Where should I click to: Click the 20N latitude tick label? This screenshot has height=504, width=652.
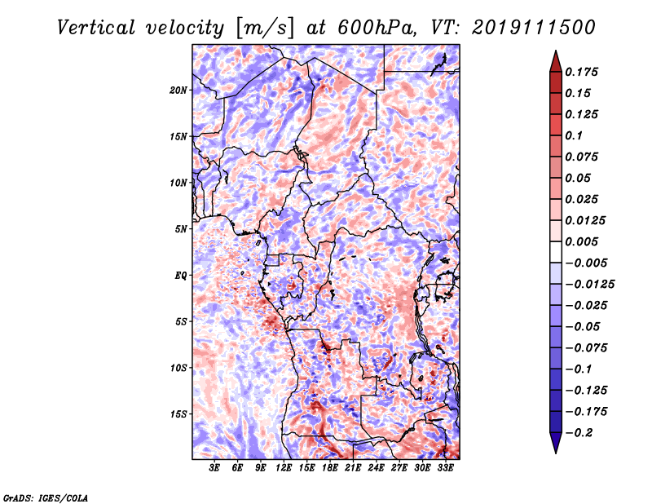[x=178, y=91]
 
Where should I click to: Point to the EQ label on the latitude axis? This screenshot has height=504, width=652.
[x=181, y=276]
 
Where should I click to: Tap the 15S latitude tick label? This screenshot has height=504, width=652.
[x=178, y=414]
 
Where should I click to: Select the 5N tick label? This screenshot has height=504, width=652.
[x=181, y=229]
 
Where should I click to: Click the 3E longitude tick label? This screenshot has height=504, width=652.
[x=214, y=467]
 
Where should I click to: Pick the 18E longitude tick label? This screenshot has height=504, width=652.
[x=330, y=467]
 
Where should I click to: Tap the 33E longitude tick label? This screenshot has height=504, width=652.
[x=445, y=467]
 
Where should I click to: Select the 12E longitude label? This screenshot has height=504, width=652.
[x=284, y=467]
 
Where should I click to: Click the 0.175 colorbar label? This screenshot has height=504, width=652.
[x=581, y=72]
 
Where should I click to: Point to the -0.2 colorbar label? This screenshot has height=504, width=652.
[x=579, y=433]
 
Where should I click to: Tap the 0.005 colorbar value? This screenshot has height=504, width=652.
[x=581, y=241]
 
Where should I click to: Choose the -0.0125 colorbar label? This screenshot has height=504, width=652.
[x=589, y=285]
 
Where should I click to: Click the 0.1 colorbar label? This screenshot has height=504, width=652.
[x=574, y=135]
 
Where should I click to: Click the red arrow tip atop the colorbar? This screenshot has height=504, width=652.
[x=556, y=51]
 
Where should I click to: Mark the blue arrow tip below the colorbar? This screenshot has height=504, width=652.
[x=556, y=453]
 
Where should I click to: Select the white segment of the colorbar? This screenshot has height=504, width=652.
[x=556, y=252]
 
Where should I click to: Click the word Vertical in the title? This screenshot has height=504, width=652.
[x=96, y=28]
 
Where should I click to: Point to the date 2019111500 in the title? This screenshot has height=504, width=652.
[x=534, y=28]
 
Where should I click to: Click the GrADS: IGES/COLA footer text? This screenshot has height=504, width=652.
[x=46, y=497]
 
